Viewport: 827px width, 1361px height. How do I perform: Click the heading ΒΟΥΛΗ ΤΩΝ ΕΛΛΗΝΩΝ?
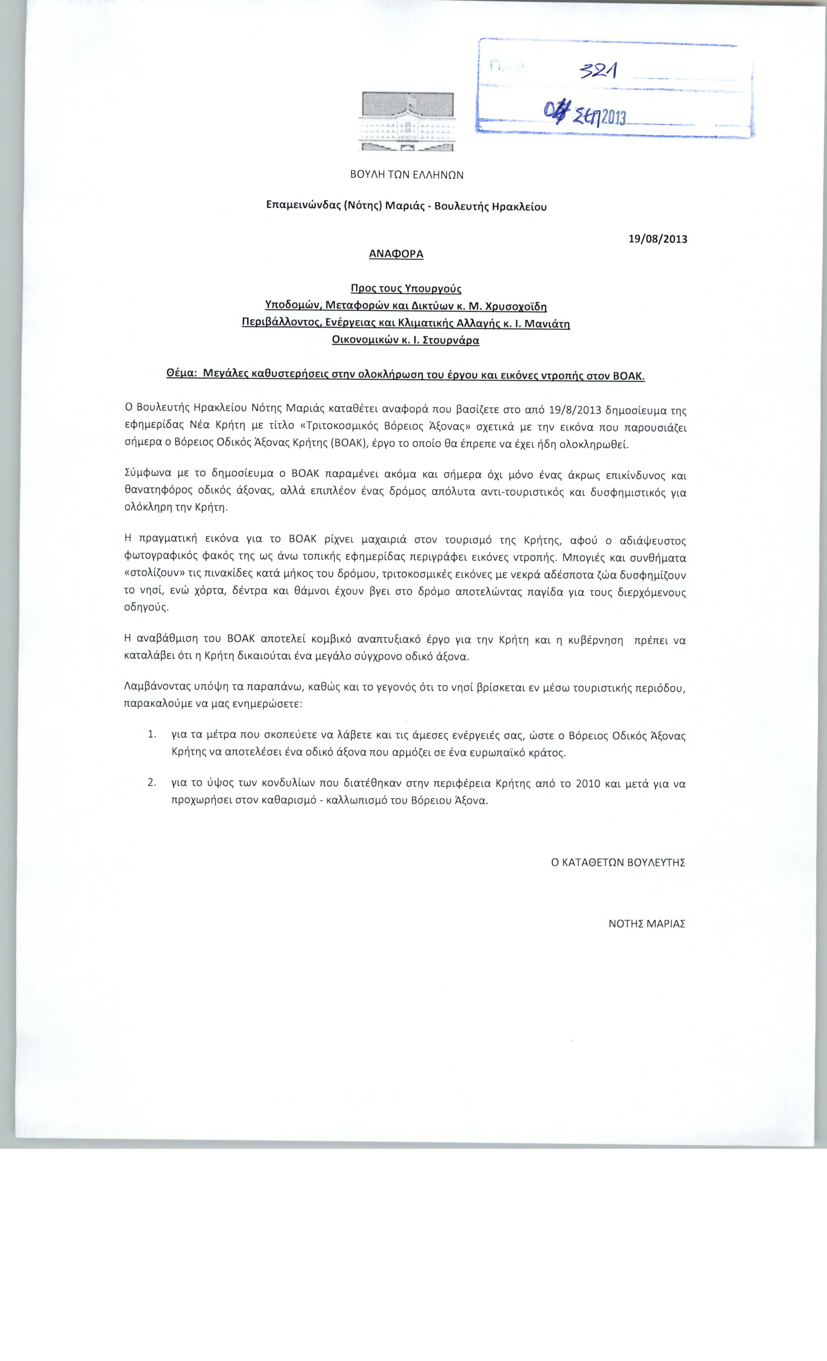point(407,175)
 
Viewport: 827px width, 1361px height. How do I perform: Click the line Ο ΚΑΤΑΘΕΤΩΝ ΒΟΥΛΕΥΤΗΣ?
point(618,862)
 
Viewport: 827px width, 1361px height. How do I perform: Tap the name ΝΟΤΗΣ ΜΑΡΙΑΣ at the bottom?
point(646,924)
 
